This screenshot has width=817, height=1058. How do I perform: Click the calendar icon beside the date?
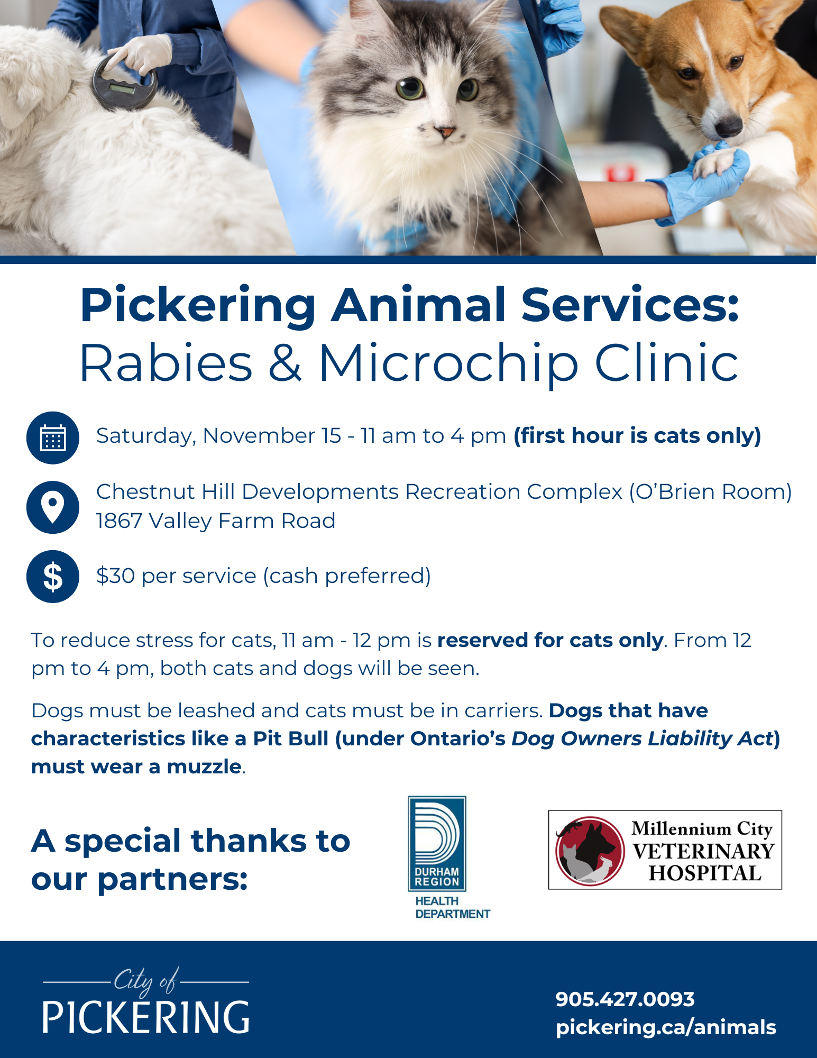pos(53,438)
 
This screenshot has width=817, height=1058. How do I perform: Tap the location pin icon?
pos(53,507)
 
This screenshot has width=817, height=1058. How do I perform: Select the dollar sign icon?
pos(53,577)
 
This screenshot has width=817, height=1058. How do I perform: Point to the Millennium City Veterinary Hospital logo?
pos(665,850)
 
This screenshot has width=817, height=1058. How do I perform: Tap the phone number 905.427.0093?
pos(625,999)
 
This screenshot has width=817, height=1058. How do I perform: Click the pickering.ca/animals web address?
pos(666,1027)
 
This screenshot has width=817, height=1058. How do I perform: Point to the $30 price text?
pos(116,576)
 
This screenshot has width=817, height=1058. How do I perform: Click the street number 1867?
pos(120,521)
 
